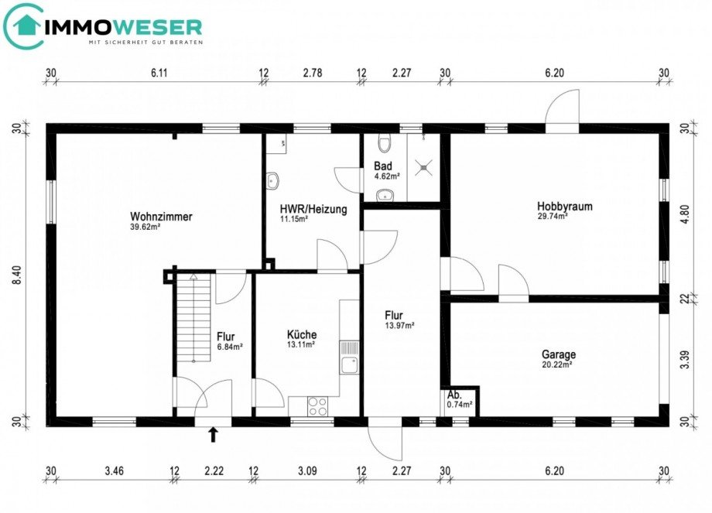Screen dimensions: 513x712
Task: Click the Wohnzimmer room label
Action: pos(161,217)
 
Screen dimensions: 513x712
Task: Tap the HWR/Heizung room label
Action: pos(313,209)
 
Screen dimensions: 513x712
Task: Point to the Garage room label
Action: pos(558,354)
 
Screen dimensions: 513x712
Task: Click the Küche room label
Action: pos(301,334)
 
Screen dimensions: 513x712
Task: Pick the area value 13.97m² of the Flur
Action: pos(400,326)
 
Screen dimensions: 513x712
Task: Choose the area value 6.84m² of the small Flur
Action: pos(229,347)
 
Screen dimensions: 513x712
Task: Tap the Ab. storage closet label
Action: pos(454,394)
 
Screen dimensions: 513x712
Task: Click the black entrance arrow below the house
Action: pos(213,435)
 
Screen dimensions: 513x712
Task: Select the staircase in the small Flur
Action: pos(193,317)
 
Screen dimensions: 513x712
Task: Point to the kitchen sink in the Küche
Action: pos(350,364)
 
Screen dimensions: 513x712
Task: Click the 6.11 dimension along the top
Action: pos(159,73)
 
